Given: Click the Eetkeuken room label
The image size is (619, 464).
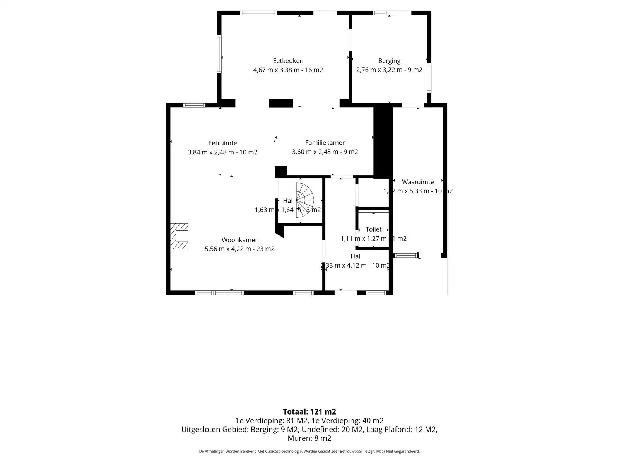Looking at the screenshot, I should pos(288,61).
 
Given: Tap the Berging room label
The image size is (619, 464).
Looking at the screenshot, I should pos(389,61).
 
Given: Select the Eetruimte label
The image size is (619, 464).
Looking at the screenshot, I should pos(222,143).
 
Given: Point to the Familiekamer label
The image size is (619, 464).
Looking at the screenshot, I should pos(325,143).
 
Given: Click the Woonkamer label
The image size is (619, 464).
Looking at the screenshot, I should pos(239,240).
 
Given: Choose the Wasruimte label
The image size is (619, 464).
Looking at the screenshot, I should pos(417,182).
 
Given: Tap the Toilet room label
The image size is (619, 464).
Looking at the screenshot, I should pos(373,229).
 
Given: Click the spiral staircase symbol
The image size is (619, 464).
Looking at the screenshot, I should pos(304,200).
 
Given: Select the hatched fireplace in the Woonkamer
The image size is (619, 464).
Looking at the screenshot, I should pos(180,236).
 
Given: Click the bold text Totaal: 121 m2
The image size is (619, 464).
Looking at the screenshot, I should pos(309,412).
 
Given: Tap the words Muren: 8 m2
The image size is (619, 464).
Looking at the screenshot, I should pos(309,438).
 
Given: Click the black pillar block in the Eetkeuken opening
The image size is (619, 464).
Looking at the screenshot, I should pos(281,103).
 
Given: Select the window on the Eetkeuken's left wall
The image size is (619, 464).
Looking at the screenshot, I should pos(219,54).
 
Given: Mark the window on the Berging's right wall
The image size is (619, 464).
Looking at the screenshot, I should pos(429,78).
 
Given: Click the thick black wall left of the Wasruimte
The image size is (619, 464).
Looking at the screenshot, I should pos(383,141).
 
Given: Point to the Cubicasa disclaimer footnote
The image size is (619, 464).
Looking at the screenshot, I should pos(309,451).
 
